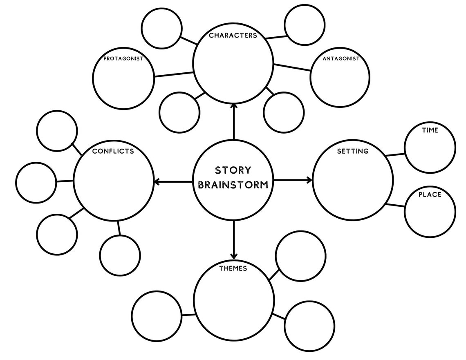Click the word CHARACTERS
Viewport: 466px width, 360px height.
(233, 36)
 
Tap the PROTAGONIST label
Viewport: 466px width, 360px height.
(123, 58)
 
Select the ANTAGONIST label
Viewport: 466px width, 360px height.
(341, 58)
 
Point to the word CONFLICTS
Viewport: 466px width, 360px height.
(113, 151)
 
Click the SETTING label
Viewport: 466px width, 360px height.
(352, 151)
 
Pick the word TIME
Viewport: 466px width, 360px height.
(430, 130)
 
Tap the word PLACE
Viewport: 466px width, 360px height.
(430, 195)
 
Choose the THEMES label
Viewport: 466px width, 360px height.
(233, 268)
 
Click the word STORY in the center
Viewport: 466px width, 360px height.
(233, 170)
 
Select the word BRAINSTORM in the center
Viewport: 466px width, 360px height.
(233, 185)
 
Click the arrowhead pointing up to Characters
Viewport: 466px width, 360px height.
(234, 106)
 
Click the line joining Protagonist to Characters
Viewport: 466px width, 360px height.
(174, 74)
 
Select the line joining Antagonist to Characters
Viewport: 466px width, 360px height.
(292, 67)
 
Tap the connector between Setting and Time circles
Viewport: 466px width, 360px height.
(395, 154)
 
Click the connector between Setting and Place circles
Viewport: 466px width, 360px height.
(395, 206)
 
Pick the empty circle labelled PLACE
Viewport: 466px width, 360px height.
(430, 215)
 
